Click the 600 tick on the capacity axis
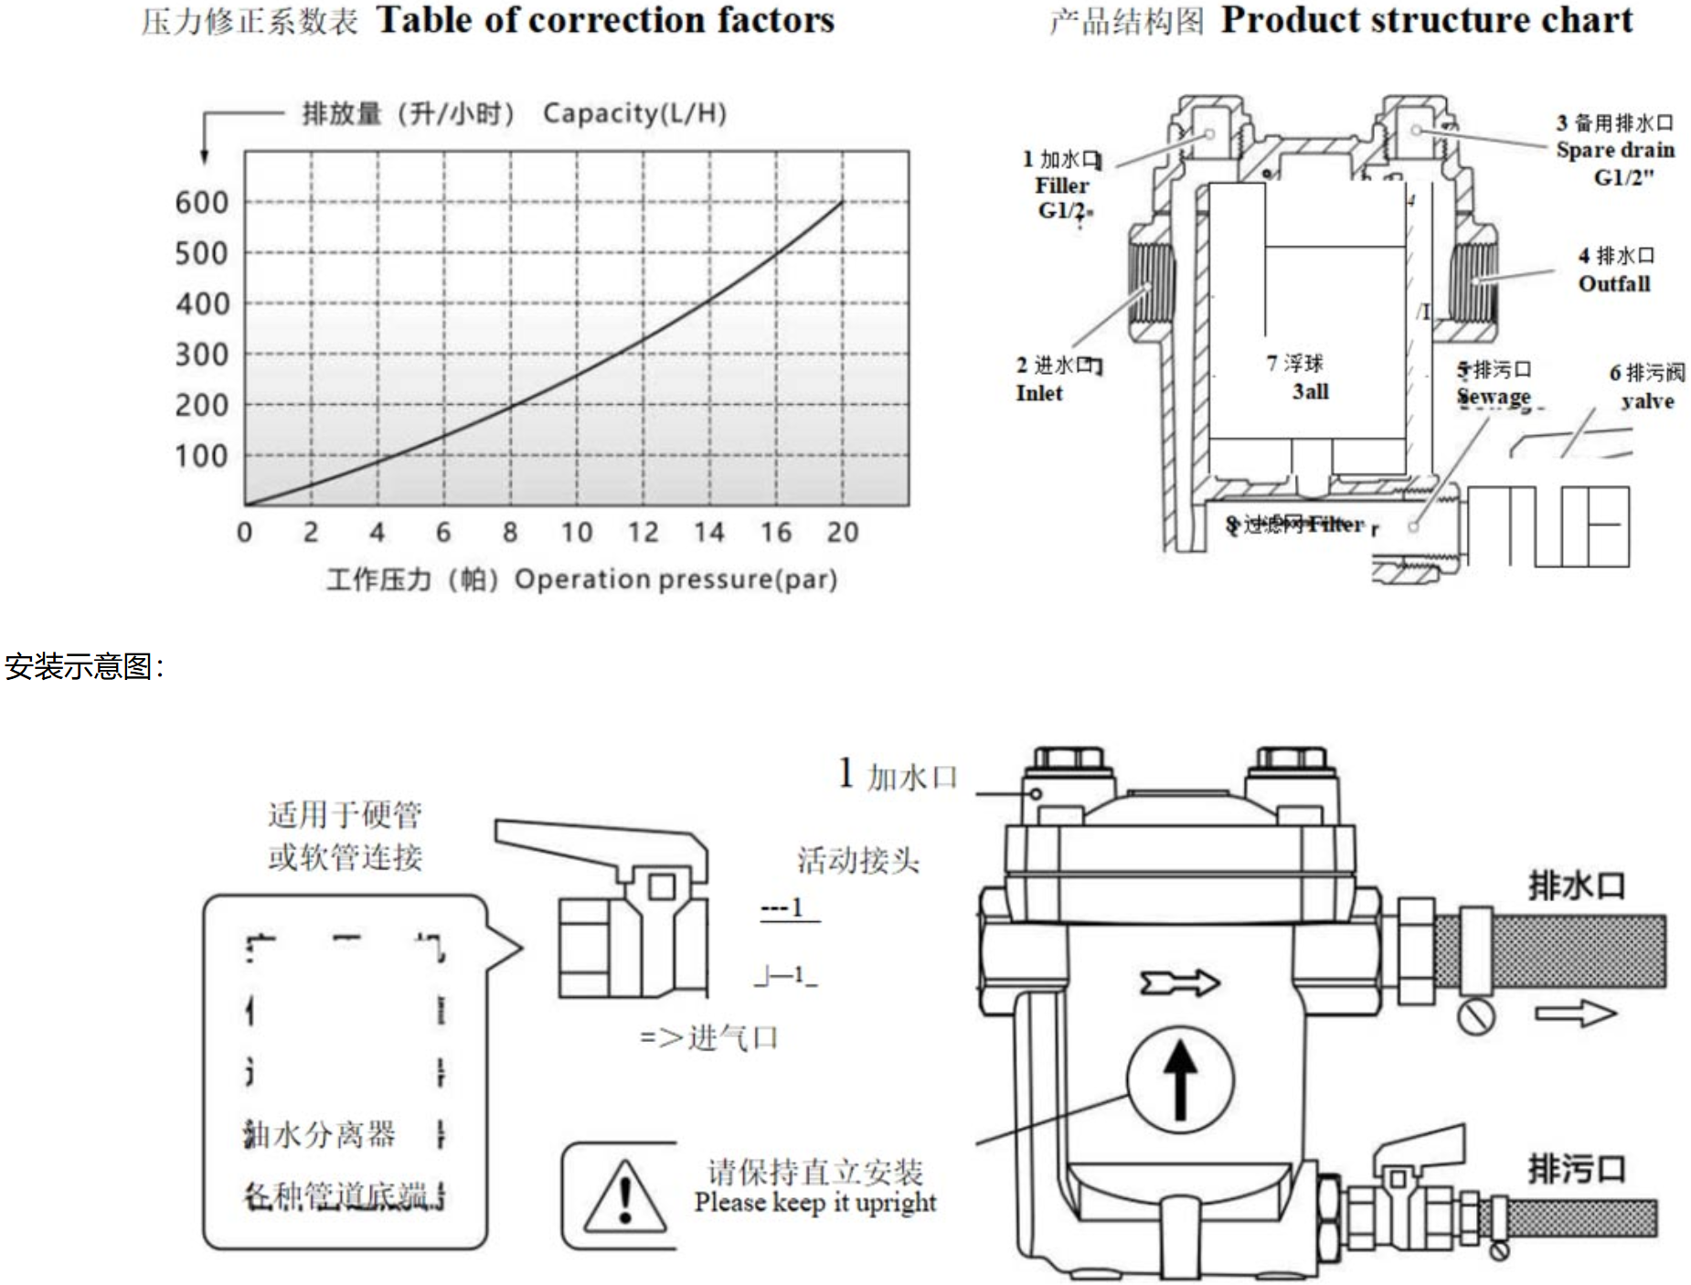[x=202, y=203]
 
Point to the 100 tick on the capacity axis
[x=202, y=456]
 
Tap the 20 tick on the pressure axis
[x=842, y=533]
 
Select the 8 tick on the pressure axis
[x=510, y=533]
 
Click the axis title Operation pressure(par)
[x=675, y=579]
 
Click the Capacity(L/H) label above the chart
[x=634, y=113]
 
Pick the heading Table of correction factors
[x=605, y=20]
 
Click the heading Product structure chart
[x=1426, y=20]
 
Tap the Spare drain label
[x=1615, y=150]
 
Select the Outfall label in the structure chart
[x=1614, y=284]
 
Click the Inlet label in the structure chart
[x=1039, y=394]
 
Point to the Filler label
[x=1061, y=186]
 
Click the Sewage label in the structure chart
[x=1494, y=398]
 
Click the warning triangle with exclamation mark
[x=624, y=1195]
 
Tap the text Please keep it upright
[x=815, y=1203]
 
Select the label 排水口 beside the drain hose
[x=1577, y=886]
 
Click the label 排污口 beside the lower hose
[x=1577, y=1169]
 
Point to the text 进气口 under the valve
[x=733, y=1038]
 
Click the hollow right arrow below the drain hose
[x=1575, y=1014]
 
